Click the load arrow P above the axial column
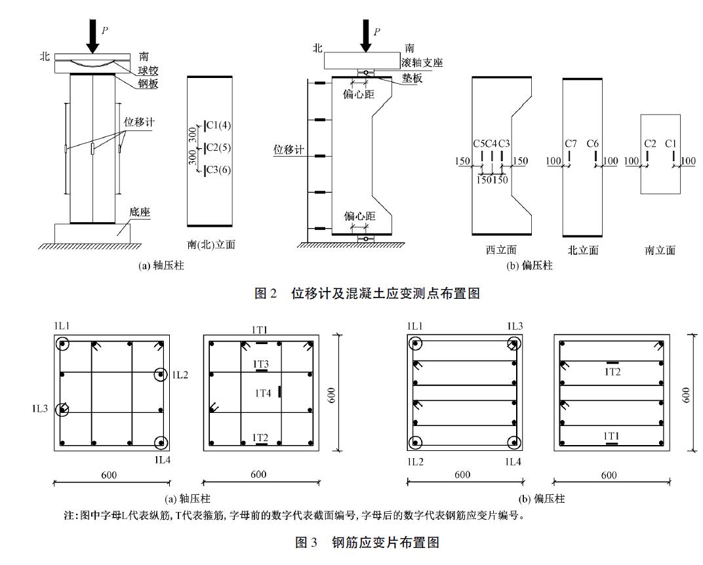93,39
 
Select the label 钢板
149,84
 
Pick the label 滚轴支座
422,62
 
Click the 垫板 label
412,78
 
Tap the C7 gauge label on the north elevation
571,144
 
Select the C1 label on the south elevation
671,144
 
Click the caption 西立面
502,250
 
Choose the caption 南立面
660,250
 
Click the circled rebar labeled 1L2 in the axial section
161,375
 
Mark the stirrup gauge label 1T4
263,393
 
